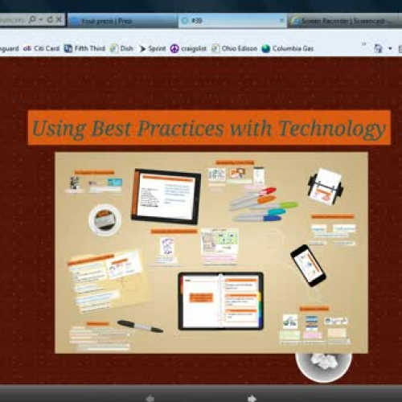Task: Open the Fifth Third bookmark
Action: coord(84,48)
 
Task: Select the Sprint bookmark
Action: coord(152,48)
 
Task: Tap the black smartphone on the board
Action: coord(308,265)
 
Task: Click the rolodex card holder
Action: coord(326,187)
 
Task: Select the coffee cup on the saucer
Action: coord(105,218)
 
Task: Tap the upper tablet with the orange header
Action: coord(166,195)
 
